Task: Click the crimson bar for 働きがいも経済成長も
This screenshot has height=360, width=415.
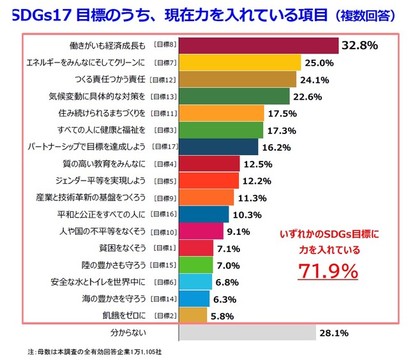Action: tap(259, 46)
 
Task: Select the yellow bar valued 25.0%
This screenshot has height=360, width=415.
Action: tap(240, 63)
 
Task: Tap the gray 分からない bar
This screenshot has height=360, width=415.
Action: tap(248, 333)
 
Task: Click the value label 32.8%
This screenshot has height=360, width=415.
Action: tap(360, 45)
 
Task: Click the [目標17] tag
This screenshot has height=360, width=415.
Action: tap(163, 147)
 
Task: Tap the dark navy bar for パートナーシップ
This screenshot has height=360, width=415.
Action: tap(219, 147)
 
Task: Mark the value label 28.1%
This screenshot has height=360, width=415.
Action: tap(335, 333)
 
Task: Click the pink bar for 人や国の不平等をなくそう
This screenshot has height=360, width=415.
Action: tap(201, 231)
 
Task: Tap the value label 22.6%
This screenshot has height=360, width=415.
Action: tap(307, 96)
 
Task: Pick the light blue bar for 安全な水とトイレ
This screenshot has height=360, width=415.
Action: tap(194, 281)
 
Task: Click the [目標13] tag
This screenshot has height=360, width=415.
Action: tap(163, 96)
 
